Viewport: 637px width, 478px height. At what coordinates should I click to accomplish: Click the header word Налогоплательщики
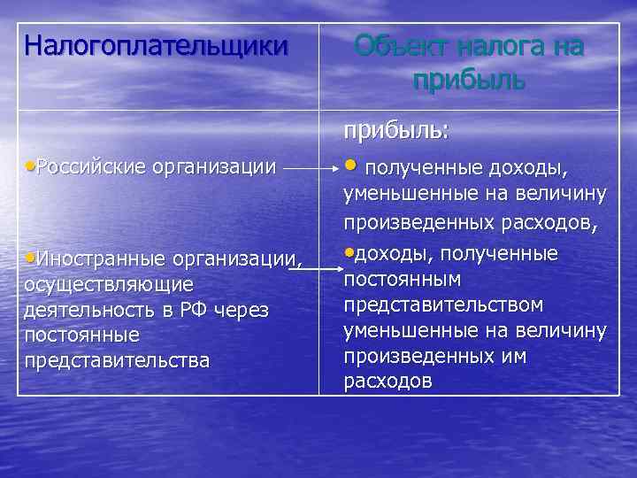click(x=157, y=44)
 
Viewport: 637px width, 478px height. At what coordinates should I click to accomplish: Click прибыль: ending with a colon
click(x=397, y=131)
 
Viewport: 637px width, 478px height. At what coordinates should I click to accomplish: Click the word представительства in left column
click(x=118, y=360)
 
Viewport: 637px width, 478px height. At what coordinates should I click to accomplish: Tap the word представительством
click(x=443, y=305)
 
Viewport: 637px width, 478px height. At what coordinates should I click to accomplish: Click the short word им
click(x=514, y=356)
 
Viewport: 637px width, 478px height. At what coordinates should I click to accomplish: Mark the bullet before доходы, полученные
click(x=348, y=253)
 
